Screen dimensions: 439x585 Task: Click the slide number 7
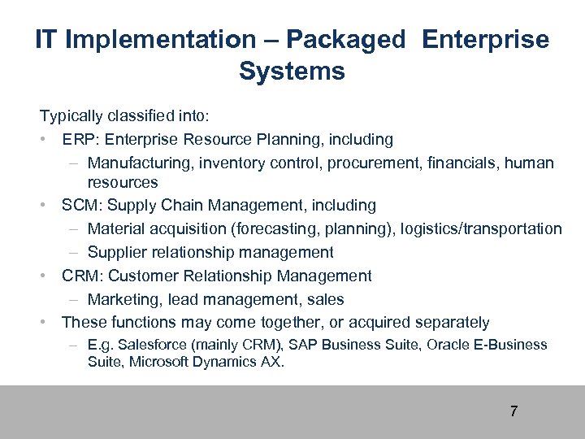click(x=513, y=411)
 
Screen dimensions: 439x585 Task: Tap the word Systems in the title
click(x=292, y=71)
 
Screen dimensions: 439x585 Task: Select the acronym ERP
click(x=79, y=140)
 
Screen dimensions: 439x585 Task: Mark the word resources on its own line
click(x=123, y=183)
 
